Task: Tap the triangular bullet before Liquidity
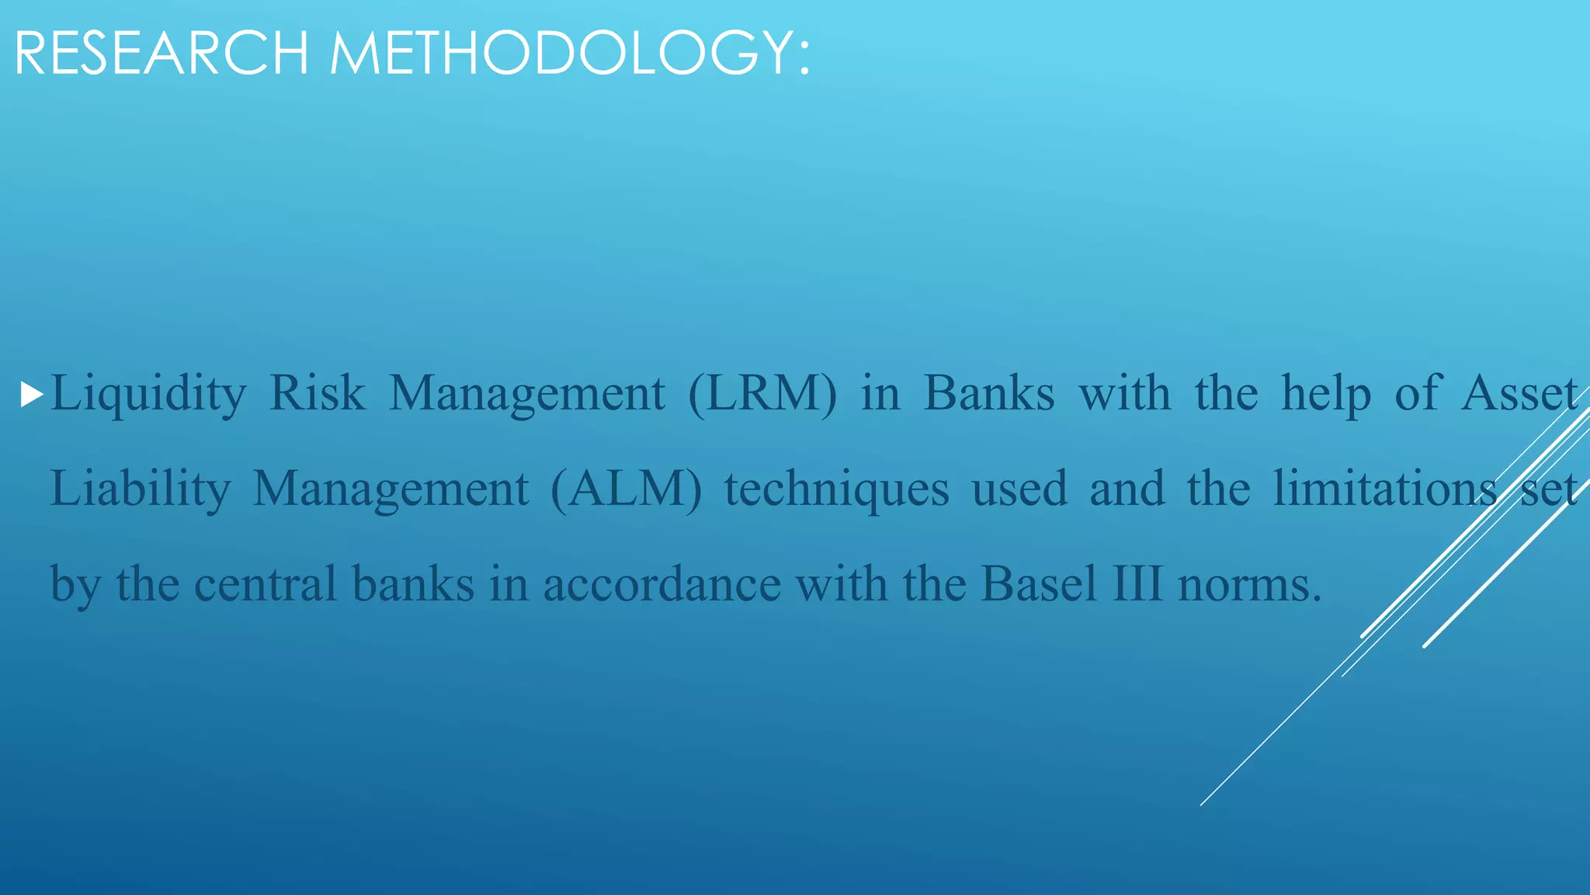pyautogui.click(x=31, y=395)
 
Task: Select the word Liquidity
pyautogui.click(x=148, y=393)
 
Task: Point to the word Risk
pyautogui.click(x=317, y=393)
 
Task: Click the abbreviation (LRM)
pyautogui.click(x=763, y=393)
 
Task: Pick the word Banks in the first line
pyautogui.click(x=989, y=393)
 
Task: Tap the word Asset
pyautogui.click(x=1519, y=393)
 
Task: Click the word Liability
pyautogui.click(x=140, y=489)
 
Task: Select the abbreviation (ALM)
pyautogui.click(x=626, y=489)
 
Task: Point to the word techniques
pyautogui.click(x=837, y=489)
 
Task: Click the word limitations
pyautogui.click(x=1385, y=489)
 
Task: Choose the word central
pyautogui.click(x=266, y=583)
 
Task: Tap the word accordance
pyautogui.click(x=661, y=583)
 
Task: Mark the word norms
pyautogui.click(x=1248, y=583)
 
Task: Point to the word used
pyautogui.click(x=1019, y=489)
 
